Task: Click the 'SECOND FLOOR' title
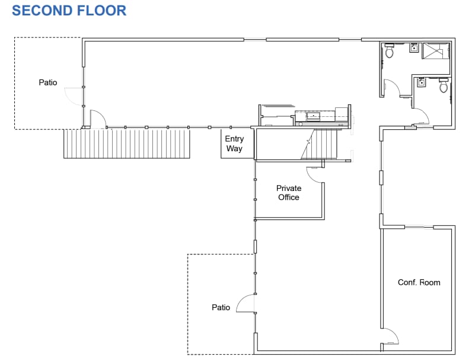tap(69, 10)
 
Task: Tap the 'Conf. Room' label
tap(419, 282)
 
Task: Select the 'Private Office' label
tap(289, 193)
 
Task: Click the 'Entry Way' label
tap(234, 144)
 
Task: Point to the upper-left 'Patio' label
tap(48, 82)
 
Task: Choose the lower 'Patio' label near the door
tap(221, 307)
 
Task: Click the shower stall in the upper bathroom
tap(436, 52)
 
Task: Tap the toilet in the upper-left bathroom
tap(390, 52)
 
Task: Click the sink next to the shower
tap(414, 49)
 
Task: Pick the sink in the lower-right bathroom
tap(422, 82)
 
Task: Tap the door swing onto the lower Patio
tap(245, 304)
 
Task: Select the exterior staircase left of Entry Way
tap(127, 144)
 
